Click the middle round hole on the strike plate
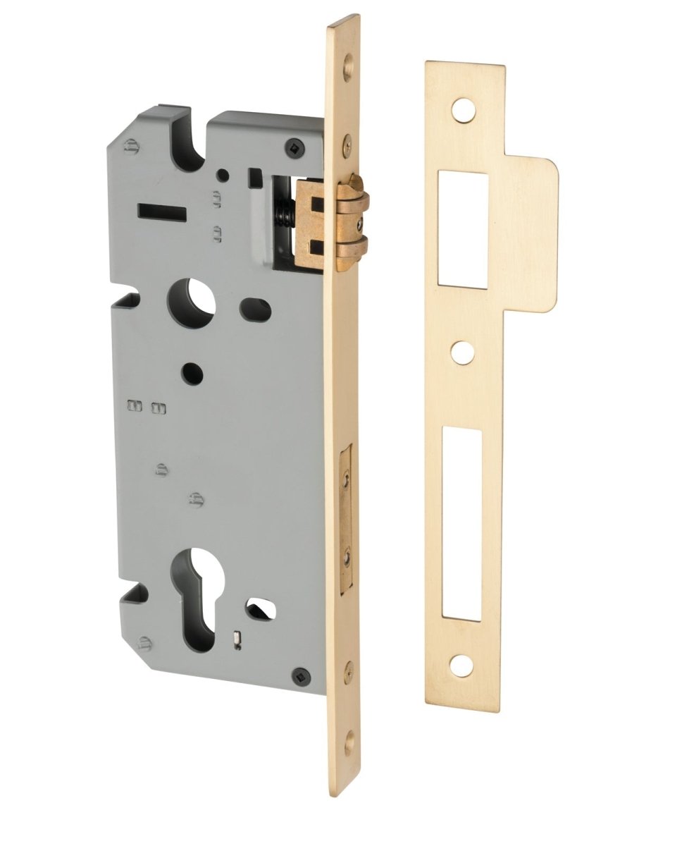[x=462, y=352]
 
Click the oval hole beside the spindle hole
[x=254, y=307]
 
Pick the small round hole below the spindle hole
[x=191, y=373]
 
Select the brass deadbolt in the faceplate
[x=345, y=518]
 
